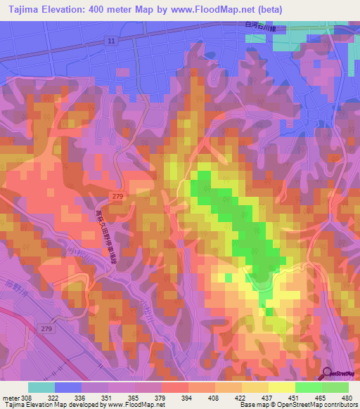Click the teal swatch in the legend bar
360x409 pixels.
41,387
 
